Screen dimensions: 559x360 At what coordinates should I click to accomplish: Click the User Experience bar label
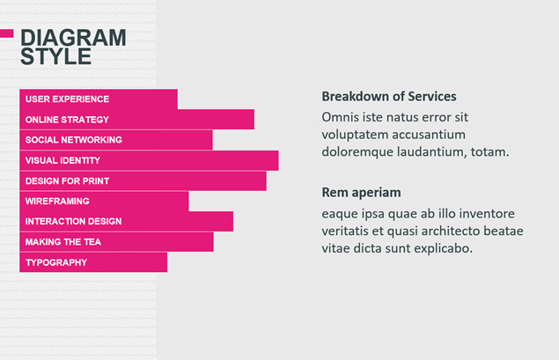67,99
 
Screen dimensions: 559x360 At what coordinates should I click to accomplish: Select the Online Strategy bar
137,120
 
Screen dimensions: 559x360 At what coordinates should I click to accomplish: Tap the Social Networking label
73,140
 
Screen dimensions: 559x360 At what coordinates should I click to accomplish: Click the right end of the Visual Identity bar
278,160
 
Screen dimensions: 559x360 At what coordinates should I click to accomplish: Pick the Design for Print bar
143,180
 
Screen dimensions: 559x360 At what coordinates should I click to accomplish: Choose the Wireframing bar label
57,201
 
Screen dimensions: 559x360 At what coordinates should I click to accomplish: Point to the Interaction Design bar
127,221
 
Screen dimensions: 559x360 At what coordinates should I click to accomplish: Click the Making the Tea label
63,242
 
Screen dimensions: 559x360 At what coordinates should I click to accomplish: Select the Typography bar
93,262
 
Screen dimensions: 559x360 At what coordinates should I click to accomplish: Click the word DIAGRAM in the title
73,38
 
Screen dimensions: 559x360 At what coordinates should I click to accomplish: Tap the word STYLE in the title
56,56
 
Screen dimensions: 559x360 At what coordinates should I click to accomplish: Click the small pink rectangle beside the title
7,33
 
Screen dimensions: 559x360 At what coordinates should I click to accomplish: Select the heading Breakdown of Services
389,96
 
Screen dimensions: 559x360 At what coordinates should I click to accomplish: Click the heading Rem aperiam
361,193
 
